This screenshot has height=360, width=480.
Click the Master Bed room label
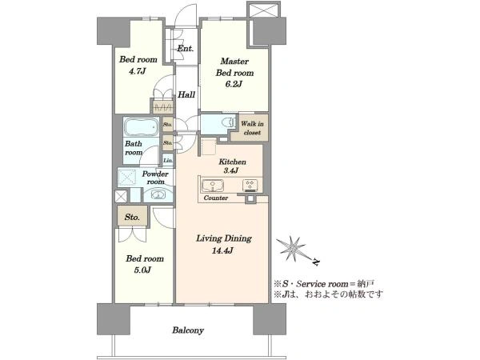click(234, 67)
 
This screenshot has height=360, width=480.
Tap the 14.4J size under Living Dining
click(222, 250)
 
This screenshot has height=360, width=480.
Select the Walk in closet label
click(252, 128)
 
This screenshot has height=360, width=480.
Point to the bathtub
click(141, 126)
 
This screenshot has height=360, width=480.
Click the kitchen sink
click(213, 186)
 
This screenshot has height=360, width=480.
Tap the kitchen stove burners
click(250, 186)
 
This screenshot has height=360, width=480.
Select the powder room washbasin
click(158, 194)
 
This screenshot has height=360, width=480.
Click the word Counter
click(216, 198)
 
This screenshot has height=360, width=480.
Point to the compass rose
click(293, 249)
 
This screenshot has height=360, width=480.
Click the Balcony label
click(188, 330)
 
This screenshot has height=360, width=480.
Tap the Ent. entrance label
click(186, 48)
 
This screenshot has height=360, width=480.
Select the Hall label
click(186, 94)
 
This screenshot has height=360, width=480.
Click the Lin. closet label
click(168, 160)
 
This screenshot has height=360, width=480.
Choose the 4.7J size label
click(137, 71)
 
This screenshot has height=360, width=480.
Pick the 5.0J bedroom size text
click(143, 270)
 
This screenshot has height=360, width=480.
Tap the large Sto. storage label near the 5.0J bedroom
click(132, 217)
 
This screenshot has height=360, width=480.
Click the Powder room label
click(155, 178)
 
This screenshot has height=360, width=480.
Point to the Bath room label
click(134, 148)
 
